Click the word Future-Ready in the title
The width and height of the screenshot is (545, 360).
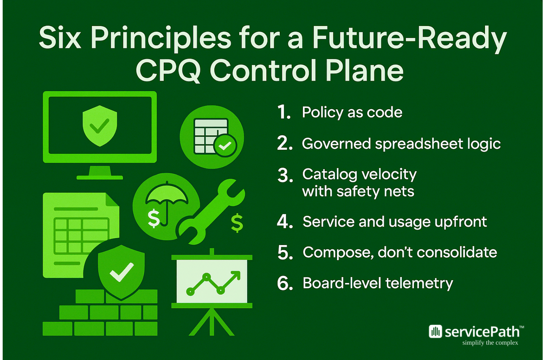point(409,38)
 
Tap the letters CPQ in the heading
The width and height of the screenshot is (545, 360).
point(168,71)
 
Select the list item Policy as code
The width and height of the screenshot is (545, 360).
point(352,112)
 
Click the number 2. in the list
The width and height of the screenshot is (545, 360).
point(285,144)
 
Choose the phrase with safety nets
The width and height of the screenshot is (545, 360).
point(358,192)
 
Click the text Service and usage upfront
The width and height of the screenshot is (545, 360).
point(395,222)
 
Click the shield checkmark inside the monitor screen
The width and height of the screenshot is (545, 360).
point(100,126)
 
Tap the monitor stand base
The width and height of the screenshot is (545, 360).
point(100,177)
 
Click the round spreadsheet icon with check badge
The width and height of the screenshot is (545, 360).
point(212,137)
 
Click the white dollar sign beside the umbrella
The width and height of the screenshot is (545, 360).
point(154,218)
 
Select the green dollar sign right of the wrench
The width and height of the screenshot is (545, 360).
point(237,223)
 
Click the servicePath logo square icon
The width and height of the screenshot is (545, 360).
point(435,332)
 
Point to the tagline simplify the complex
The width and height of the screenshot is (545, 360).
point(490,343)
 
